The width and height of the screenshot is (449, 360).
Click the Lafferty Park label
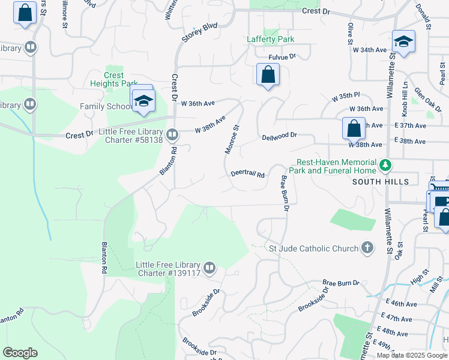click(271, 40)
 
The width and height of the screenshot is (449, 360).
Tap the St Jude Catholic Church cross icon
click(367, 248)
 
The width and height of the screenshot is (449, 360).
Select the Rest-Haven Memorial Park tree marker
click(387, 164)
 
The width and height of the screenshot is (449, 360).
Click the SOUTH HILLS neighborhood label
click(381, 181)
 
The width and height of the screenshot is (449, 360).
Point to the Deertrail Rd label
click(248, 175)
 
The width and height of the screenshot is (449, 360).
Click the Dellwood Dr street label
click(280, 137)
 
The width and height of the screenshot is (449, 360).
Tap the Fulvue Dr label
click(283, 56)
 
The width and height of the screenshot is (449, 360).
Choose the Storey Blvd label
click(200, 34)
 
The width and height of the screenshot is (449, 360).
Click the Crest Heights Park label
click(113, 80)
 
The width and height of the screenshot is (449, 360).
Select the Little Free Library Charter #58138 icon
click(172, 134)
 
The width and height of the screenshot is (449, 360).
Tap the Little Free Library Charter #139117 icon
click(209, 268)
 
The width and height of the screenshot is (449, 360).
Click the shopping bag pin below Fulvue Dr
click(268, 75)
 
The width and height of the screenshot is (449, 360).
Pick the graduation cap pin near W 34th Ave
click(403, 41)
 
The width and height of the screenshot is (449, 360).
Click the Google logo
click(20, 353)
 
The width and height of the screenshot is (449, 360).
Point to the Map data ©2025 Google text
click(412, 355)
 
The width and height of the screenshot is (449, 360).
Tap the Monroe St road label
click(232, 139)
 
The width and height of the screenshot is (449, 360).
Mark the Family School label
click(106, 106)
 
